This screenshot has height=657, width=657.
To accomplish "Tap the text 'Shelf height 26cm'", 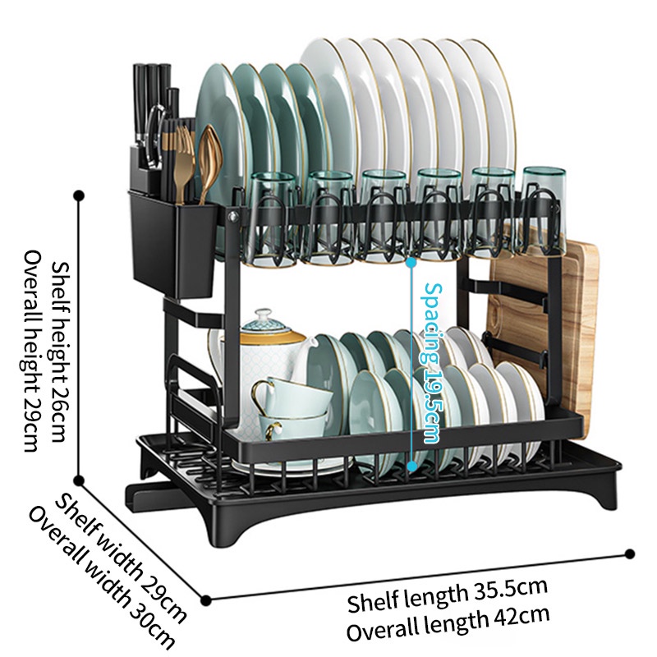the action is coord(60,352).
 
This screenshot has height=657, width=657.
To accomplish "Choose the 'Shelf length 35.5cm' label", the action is coord(447,596).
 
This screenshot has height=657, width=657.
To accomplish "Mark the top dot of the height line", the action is coord(79,196).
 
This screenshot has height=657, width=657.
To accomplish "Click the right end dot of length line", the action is coord(631,554).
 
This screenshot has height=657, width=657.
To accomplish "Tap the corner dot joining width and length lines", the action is coord(205,599).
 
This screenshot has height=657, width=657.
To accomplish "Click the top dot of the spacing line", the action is coord(411,263).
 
